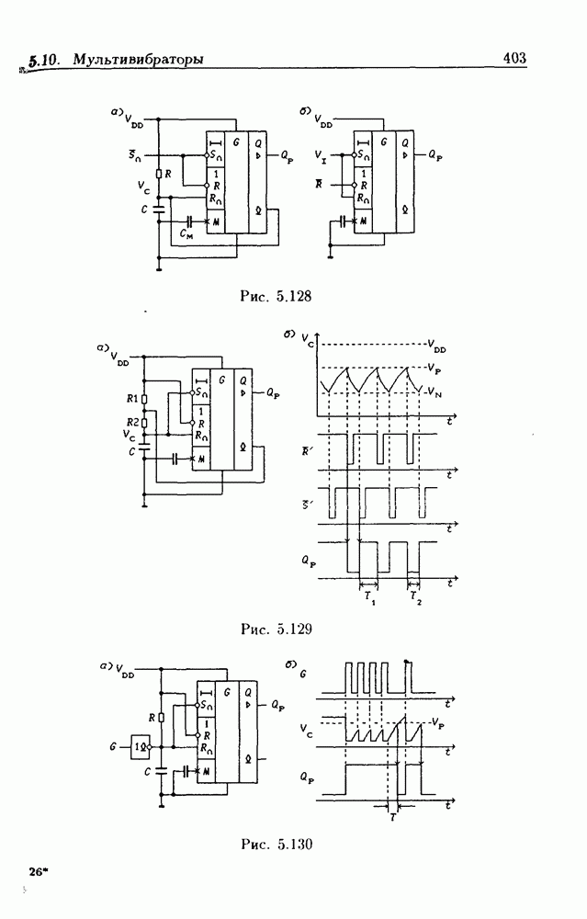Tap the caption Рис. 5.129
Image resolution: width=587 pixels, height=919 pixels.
(276, 630)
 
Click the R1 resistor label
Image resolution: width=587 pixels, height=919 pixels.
(132, 399)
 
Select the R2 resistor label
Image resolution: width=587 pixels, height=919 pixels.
(132, 420)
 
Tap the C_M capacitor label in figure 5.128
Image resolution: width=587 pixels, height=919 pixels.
(187, 235)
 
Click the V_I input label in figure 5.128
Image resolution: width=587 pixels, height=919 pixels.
(319, 156)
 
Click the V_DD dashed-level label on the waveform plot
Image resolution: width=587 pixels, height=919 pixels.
(438, 347)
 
